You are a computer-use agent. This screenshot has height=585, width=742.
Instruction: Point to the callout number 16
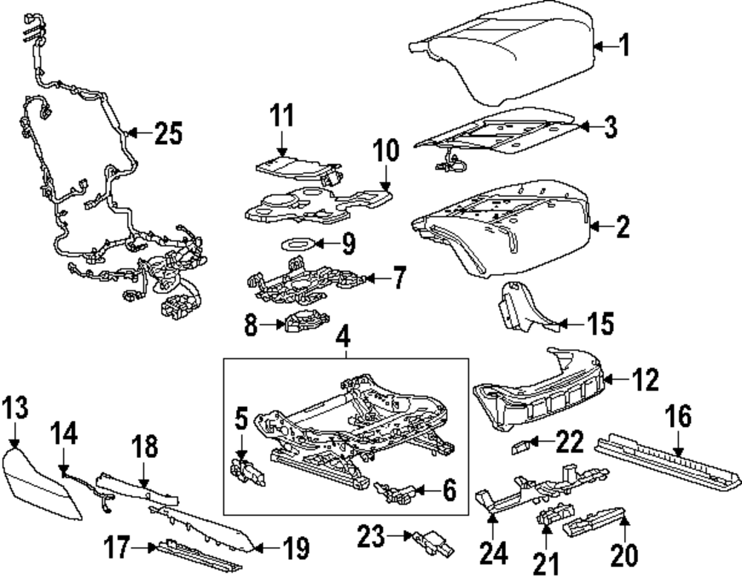point(678,417)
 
